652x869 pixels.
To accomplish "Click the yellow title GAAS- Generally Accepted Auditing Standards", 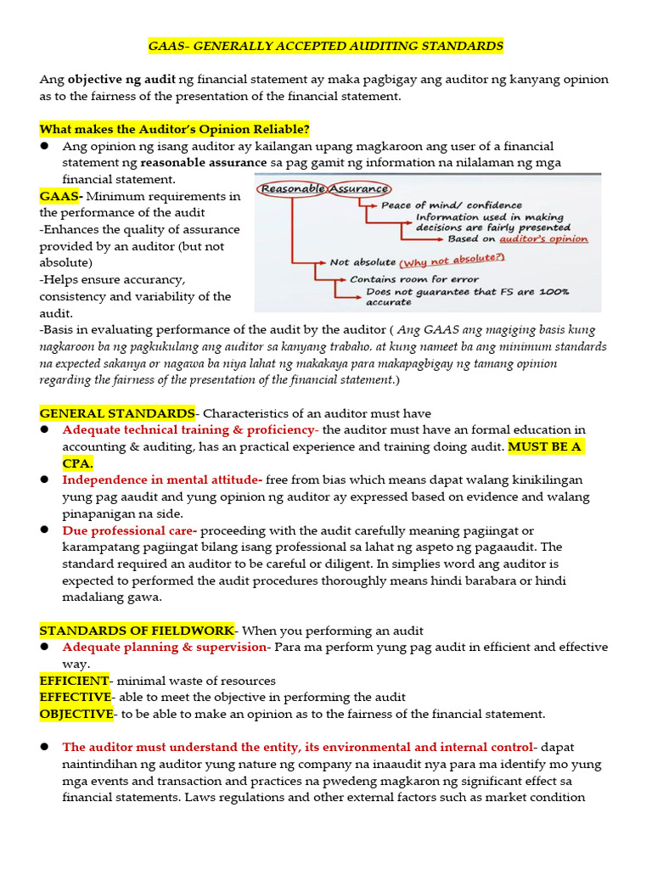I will click(x=326, y=46).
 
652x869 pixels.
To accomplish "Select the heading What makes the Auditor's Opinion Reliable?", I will click(x=174, y=129).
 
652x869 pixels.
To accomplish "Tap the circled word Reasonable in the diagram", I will click(x=293, y=188).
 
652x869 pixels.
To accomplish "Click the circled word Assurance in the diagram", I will click(x=358, y=188).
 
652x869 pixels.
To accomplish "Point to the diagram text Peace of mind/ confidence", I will click(x=451, y=205).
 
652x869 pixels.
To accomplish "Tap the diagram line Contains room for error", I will click(x=414, y=278).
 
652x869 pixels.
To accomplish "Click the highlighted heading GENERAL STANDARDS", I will click(x=117, y=413).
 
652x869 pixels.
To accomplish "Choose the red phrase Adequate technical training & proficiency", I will click(x=188, y=430).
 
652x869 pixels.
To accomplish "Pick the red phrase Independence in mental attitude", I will click(x=162, y=479).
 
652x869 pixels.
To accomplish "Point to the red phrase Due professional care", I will click(x=129, y=530).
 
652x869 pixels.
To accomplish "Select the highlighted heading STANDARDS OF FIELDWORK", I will click(x=137, y=630).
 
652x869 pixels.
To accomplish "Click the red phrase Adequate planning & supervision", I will click(x=164, y=647).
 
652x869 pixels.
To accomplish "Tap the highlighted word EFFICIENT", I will click(x=75, y=681).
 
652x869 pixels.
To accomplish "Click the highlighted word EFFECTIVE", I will click(x=76, y=697).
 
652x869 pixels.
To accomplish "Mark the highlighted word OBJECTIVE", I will click(x=76, y=714).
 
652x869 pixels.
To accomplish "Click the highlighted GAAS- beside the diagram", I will click(x=60, y=196).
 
